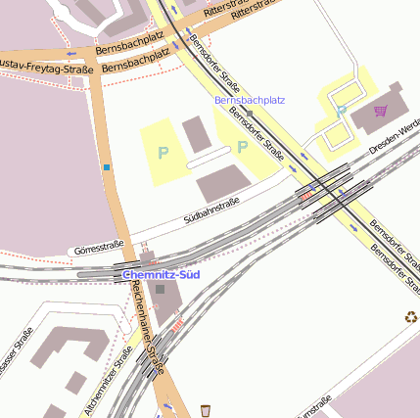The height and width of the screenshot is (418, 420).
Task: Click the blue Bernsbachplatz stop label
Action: pos(249,100)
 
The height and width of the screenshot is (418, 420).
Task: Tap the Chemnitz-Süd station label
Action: pos(162,275)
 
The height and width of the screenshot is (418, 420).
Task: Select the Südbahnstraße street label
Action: pos(211,209)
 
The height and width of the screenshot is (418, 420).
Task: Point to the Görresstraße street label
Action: pos(99,246)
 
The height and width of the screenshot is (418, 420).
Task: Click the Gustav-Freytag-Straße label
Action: pos(45,68)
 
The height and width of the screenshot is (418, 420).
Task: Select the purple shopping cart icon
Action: pos(380,112)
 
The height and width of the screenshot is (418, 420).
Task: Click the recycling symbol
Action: pos(411,316)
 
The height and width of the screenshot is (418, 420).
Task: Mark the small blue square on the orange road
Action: pos(106,167)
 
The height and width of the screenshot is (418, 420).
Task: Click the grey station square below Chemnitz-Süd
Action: pos(160,290)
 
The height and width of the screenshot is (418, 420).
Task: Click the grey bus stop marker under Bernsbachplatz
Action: pos(250,113)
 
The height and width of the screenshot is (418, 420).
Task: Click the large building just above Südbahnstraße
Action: pos(222,182)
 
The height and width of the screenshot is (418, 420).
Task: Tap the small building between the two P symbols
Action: pos(197,134)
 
